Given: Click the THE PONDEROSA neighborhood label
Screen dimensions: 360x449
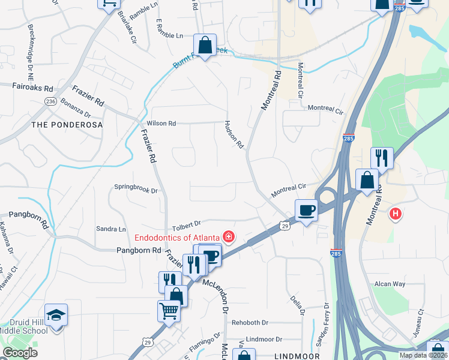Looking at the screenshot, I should (x=67, y=125).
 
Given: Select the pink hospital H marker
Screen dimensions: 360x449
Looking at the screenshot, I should (x=395, y=213).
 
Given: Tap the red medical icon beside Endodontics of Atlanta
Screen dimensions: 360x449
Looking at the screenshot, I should (x=228, y=236).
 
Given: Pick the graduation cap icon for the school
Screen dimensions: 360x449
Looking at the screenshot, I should (x=56, y=315).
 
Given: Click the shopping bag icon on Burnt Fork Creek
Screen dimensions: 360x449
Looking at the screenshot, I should (x=205, y=45).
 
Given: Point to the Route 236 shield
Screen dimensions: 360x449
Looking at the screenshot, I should (x=51, y=101).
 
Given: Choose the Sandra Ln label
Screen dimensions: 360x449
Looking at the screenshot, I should (x=111, y=229).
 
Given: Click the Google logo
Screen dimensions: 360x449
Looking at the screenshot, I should (x=20, y=353).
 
